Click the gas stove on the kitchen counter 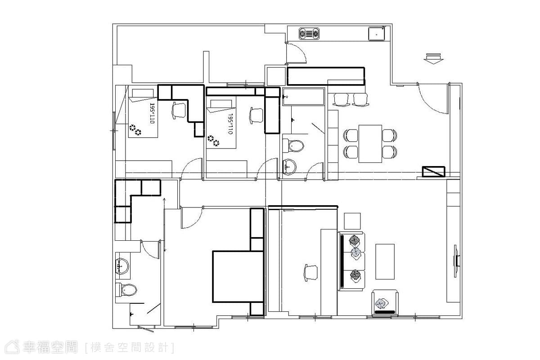(309, 34)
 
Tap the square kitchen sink (376, 34)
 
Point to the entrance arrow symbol (433, 58)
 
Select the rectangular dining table (370, 144)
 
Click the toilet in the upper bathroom (293, 146)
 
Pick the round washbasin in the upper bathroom (289, 167)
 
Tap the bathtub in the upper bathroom (303, 97)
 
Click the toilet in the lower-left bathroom (126, 290)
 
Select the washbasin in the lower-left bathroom (122, 266)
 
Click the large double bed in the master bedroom (238, 277)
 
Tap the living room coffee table (385, 261)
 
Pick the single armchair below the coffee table (385, 302)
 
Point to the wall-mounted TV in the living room (456, 261)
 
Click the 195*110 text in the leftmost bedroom (152, 113)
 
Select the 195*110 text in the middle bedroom (230, 124)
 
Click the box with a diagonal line (433, 171)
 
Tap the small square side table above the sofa (352, 221)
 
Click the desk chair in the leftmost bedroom (179, 110)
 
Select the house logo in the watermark (12, 347)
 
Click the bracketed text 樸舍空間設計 (130, 348)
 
